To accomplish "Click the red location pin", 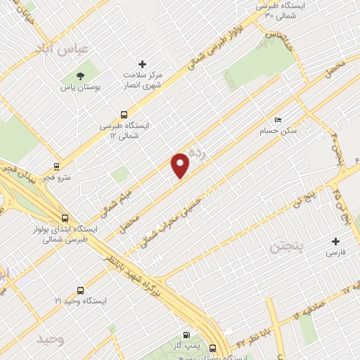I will (x=181, y=165).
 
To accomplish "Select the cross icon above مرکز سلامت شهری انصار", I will (x=143, y=64).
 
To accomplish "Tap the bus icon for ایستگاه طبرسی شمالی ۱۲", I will (x=124, y=114).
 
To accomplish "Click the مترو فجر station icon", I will (x=56, y=167).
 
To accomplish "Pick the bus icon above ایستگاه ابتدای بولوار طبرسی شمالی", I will (x=65, y=219).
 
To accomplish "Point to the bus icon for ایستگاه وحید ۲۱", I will (x=79, y=290).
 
